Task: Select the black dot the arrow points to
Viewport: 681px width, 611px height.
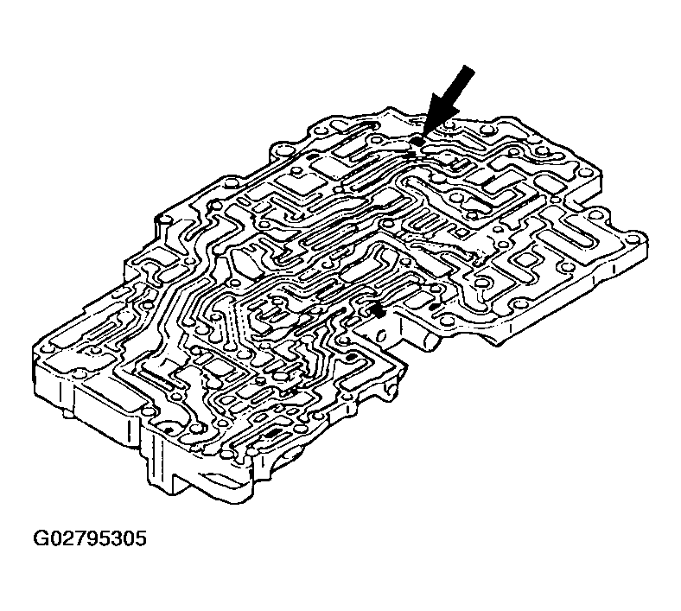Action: click(417, 142)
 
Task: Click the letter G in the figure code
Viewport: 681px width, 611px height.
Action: click(41, 539)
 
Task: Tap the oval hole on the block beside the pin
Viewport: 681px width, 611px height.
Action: click(382, 335)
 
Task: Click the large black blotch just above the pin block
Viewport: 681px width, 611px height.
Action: click(378, 310)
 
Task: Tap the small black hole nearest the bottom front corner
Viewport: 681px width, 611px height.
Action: click(168, 430)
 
